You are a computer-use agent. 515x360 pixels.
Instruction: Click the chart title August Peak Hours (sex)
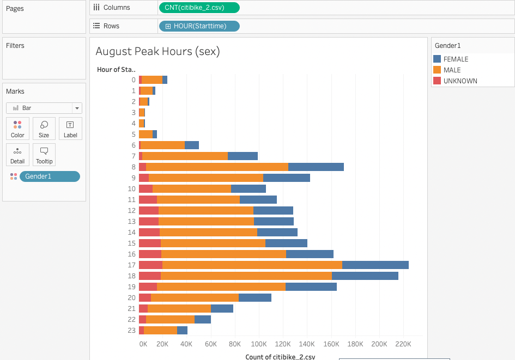click(x=157, y=51)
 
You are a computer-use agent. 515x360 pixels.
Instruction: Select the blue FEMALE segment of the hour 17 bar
click(x=375, y=265)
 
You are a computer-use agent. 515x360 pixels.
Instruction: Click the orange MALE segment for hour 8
click(x=217, y=167)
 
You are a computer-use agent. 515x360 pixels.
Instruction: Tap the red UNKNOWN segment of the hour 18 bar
click(x=150, y=276)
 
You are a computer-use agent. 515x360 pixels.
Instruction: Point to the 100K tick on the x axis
click(x=258, y=344)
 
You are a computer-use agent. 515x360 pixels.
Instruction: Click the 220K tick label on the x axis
click(x=403, y=344)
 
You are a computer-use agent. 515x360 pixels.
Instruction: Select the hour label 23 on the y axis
click(x=132, y=330)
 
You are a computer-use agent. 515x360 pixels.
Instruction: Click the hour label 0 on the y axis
click(x=134, y=80)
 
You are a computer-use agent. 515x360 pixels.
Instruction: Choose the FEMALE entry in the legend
click(x=456, y=59)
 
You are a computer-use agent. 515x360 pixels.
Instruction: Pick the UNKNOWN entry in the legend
click(x=460, y=81)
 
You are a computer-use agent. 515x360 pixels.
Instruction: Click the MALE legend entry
click(x=452, y=70)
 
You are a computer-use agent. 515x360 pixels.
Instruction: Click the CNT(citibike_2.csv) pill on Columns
click(x=199, y=8)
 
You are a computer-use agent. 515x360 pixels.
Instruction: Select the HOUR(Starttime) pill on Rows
click(x=199, y=26)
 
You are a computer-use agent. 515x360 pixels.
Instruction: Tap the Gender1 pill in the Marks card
click(x=50, y=176)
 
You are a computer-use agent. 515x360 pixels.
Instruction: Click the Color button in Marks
click(x=17, y=129)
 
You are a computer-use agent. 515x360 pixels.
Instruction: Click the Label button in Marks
click(x=70, y=129)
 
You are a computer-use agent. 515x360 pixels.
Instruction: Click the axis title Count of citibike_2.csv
click(x=280, y=357)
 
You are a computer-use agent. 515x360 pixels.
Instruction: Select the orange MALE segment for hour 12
click(x=206, y=210)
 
